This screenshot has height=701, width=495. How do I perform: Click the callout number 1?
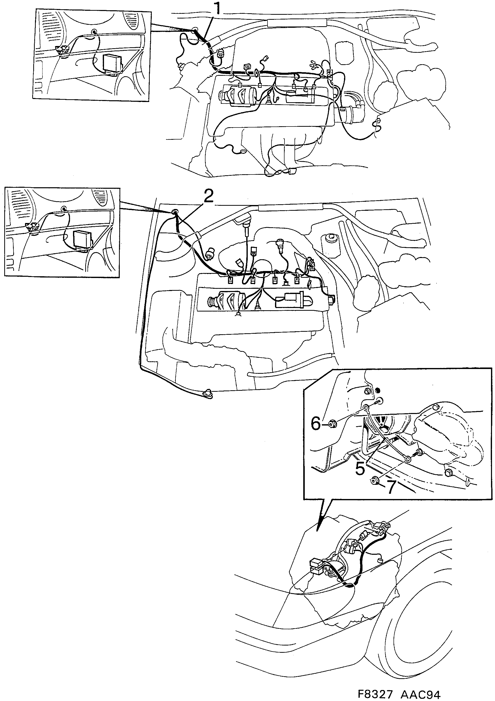coord(217,9)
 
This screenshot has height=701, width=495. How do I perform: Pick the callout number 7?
coord(391,487)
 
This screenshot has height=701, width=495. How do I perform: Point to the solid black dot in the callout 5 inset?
coord(378,390)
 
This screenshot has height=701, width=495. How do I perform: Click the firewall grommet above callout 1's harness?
coord(193,30)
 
